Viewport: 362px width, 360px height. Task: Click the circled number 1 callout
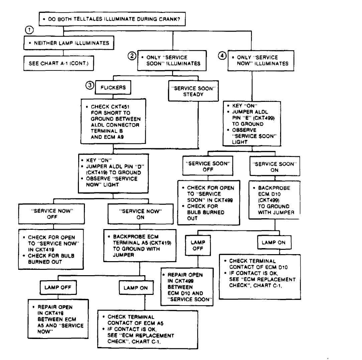pyautogui.click(x=29, y=30)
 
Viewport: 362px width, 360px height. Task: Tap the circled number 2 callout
pyautogui.click(x=132, y=56)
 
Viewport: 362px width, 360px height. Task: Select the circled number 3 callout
pyautogui.click(x=90, y=85)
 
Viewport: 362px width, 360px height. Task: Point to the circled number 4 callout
pyautogui.click(x=222, y=55)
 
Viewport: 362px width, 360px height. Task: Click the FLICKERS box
pyautogui.click(x=113, y=87)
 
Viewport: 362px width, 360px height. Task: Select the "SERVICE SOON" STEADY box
pyautogui.click(x=194, y=91)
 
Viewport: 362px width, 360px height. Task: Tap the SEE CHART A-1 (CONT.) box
pyautogui.click(x=58, y=63)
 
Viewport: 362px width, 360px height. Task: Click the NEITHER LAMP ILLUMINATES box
pyautogui.click(x=69, y=43)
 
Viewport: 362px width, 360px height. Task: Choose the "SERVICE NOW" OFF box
pyautogui.click(x=51, y=214)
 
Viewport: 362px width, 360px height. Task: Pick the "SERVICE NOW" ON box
pyautogui.click(x=140, y=214)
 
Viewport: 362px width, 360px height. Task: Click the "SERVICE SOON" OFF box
pyautogui.click(x=208, y=166)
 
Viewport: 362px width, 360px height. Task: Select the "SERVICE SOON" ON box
pyautogui.click(x=275, y=166)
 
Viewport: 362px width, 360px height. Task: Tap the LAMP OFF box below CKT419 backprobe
pyautogui.click(x=58, y=287)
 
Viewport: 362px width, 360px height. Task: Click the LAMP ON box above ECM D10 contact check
pyautogui.click(x=274, y=242)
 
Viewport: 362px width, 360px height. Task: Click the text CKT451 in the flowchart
pyautogui.click(x=120, y=107)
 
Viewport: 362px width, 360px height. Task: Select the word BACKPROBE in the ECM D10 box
pyautogui.click(x=274, y=188)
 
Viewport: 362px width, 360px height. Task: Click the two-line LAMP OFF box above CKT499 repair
pyautogui.click(x=198, y=245)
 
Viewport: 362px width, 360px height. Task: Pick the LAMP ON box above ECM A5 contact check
pyautogui.click(x=136, y=288)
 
